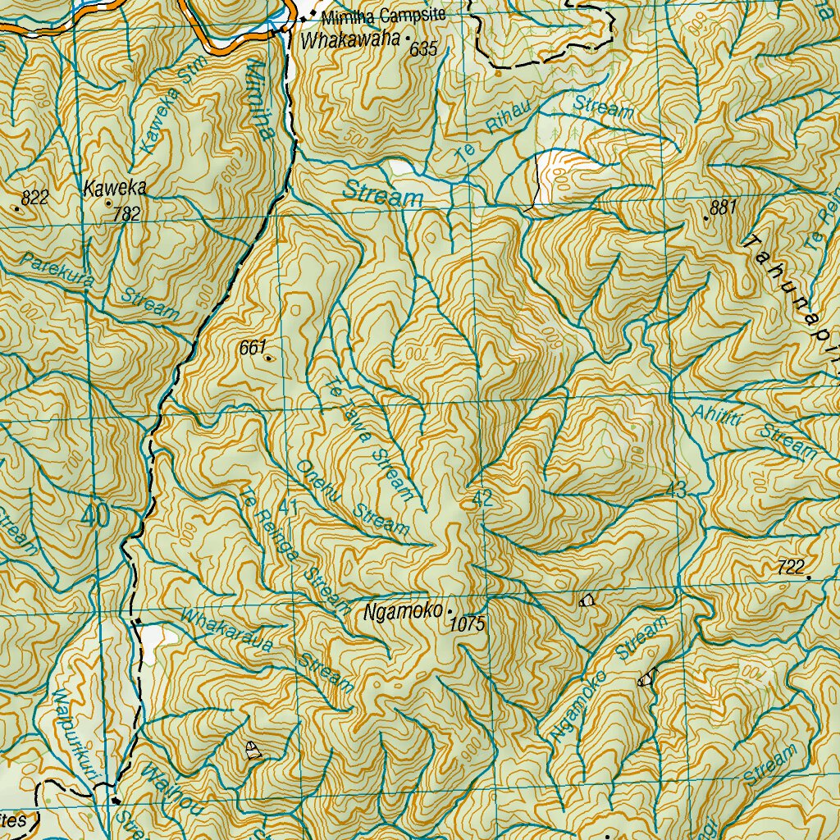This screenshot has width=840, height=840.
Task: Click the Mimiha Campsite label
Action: tap(383, 16)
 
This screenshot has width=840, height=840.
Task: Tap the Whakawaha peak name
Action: tap(350, 39)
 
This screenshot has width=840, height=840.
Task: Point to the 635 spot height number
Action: tap(423, 50)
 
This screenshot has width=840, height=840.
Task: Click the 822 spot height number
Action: tap(35, 197)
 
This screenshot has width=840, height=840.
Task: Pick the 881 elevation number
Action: tap(723, 208)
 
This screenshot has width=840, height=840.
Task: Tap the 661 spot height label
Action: tap(252, 348)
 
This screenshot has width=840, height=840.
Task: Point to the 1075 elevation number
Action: tap(468, 625)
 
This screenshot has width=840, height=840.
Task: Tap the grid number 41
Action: tap(287, 508)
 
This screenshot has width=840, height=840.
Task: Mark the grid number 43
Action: tap(676, 491)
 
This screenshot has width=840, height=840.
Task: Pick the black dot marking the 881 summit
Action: tap(706, 218)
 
